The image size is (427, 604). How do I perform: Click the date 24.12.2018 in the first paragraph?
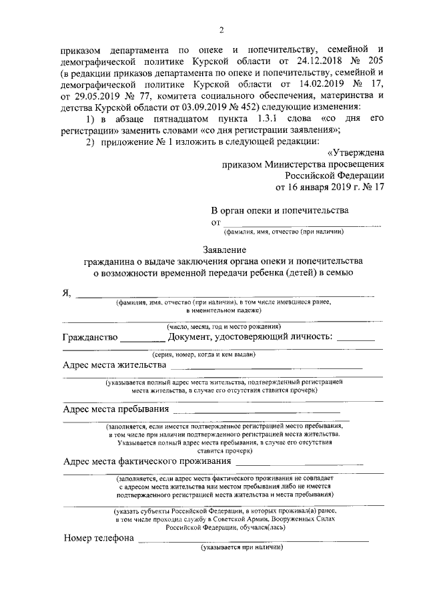tap(304, 61)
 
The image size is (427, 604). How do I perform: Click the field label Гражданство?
tap(90, 338)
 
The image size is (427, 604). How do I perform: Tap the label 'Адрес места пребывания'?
tap(115, 408)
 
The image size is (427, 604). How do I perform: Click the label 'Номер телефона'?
tap(98, 537)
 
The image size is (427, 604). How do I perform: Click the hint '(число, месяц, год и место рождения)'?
tap(223, 326)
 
